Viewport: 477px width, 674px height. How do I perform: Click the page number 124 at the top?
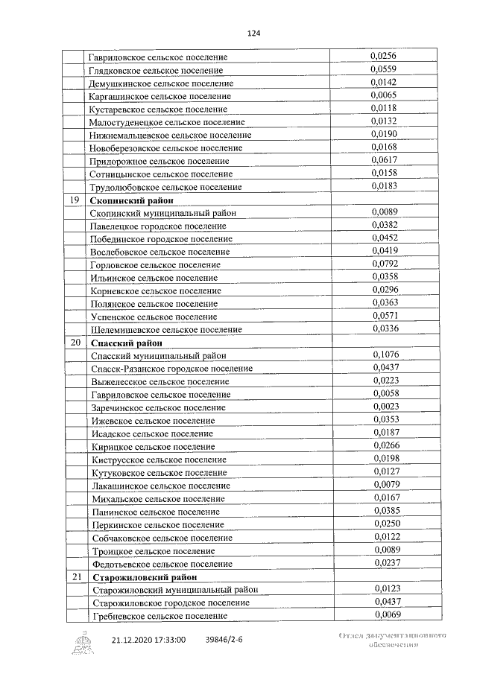pos(253,34)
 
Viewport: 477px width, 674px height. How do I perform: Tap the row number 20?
pos(75,343)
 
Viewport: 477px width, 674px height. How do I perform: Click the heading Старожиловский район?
pos(145,576)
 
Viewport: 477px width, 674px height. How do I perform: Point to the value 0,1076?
pos(385,355)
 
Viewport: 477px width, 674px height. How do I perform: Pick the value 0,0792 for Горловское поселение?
pos(385,264)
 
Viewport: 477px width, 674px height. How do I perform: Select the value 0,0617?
pos(385,159)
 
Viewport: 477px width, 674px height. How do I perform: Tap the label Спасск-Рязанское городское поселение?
pos(171,369)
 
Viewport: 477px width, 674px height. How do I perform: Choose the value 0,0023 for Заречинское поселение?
pos(385,407)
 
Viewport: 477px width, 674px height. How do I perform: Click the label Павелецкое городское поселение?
pos(158,226)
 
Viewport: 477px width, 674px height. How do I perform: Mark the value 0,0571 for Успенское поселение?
pos(385,316)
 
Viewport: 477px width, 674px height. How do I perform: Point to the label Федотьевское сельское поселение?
pos(160,564)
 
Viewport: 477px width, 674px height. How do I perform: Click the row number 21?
pos(75,576)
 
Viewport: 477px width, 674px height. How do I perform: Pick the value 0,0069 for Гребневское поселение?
pos(385,614)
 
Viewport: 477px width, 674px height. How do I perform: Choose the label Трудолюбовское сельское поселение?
pos(165,187)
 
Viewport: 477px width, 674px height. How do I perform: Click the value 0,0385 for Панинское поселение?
pos(385,511)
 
